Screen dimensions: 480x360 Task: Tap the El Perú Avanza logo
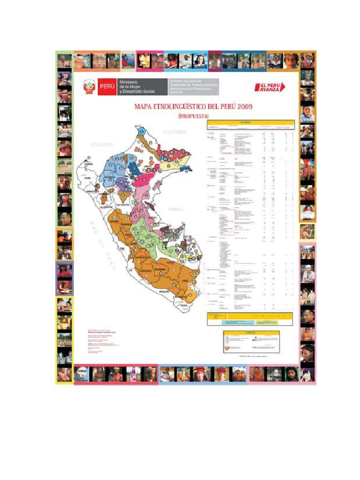pyautogui.click(x=270, y=87)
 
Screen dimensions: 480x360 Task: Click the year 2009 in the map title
pyautogui.click(x=245, y=107)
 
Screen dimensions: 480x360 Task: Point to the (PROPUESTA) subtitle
pyautogui.click(x=193, y=115)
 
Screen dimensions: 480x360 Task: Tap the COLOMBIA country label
pyautogui.click(x=174, y=132)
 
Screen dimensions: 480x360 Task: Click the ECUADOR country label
pyautogui.click(x=102, y=144)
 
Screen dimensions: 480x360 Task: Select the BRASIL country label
pyautogui.click(x=178, y=209)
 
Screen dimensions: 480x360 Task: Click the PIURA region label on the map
pyautogui.click(x=87, y=178)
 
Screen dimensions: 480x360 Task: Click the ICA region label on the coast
pyautogui.click(x=129, y=270)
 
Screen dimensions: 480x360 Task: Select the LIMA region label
pyautogui.click(x=122, y=247)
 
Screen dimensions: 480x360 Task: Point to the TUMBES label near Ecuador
pyautogui.click(x=89, y=164)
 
